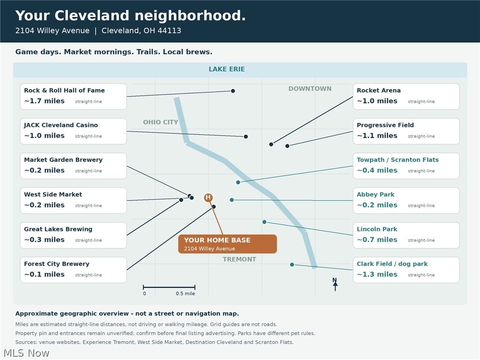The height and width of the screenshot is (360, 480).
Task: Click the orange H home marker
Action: [x=208, y=197]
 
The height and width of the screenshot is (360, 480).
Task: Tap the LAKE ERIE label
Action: [x=226, y=69]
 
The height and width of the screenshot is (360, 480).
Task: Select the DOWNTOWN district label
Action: [x=310, y=89]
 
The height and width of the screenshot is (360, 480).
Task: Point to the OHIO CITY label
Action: [x=160, y=122]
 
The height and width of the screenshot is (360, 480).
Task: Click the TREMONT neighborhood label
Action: [x=240, y=259]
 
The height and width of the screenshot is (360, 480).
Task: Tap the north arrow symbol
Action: [x=335, y=285]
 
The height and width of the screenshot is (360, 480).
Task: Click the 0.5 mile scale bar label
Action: [x=185, y=293]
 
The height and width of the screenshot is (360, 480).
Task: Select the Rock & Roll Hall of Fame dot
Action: [x=233, y=91]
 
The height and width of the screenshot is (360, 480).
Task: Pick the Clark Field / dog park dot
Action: [x=292, y=264]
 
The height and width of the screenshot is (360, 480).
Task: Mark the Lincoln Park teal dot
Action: [x=264, y=222]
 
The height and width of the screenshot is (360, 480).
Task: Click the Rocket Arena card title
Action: [x=379, y=90]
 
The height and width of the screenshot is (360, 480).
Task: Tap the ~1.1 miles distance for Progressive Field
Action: [x=377, y=135]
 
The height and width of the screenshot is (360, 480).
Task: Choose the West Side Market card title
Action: [x=53, y=195]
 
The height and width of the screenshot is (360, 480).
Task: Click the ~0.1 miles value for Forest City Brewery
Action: [x=45, y=274]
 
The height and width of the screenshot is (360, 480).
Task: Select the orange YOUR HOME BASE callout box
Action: [x=227, y=244]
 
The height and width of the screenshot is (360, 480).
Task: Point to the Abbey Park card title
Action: [x=375, y=195]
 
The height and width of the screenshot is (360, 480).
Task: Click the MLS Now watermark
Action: [x=26, y=353]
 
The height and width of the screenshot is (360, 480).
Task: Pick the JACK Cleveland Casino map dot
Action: [x=246, y=136]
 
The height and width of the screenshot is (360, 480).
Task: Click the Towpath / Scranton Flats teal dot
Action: [x=238, y=182]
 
